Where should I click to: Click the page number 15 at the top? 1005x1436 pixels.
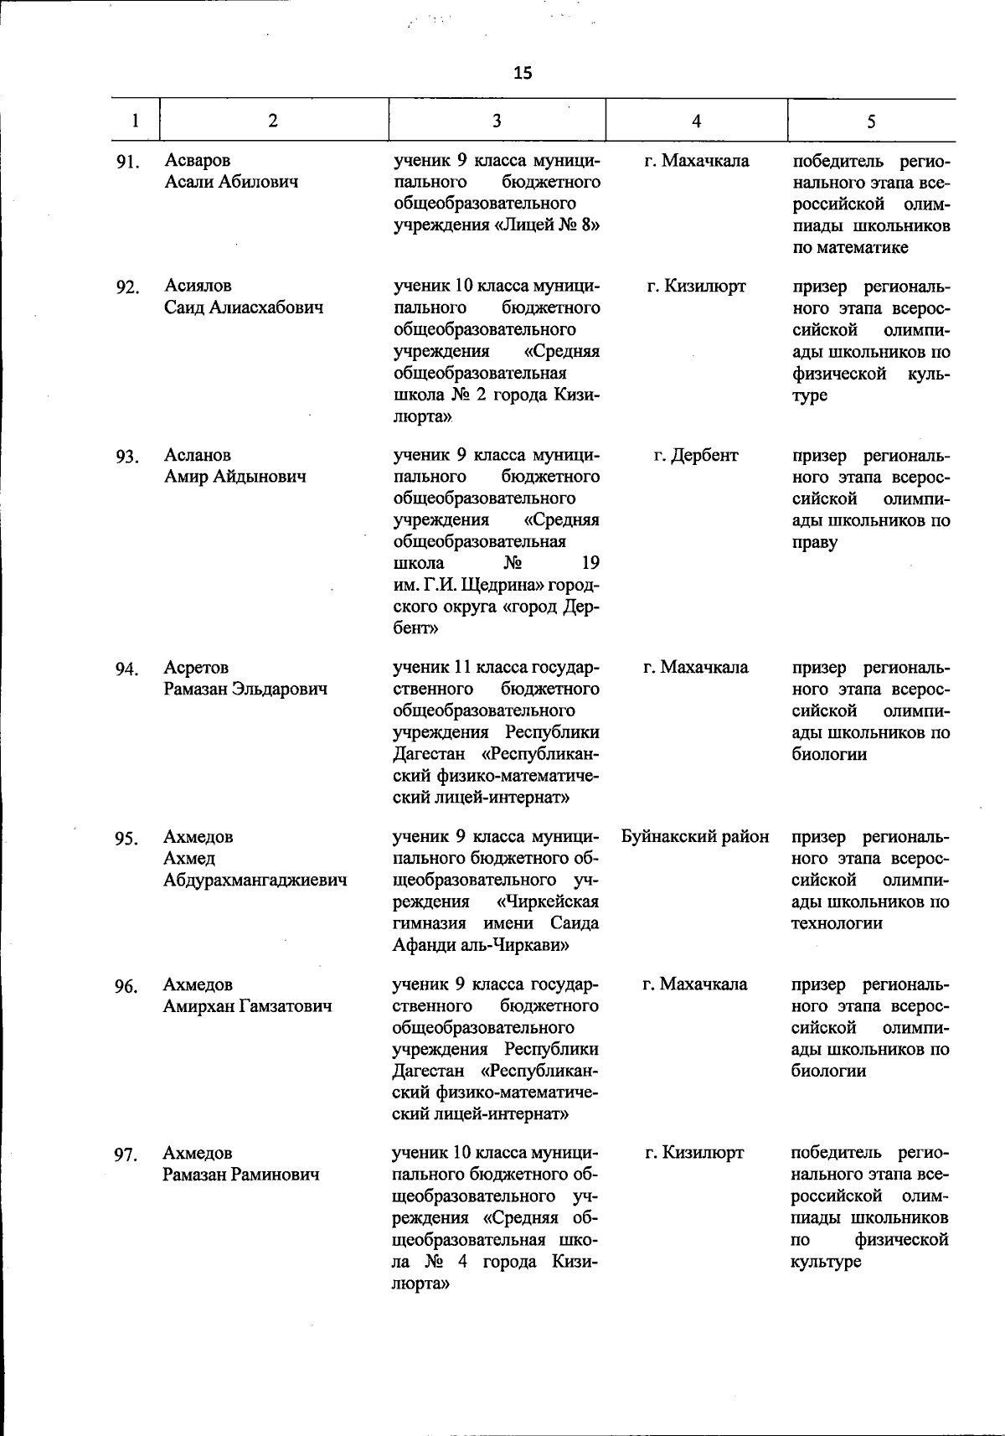tap(523, 73)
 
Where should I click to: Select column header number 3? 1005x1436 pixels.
tap(497, 121)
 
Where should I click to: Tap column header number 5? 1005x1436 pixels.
tap(871, 121)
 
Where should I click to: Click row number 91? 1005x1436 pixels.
tap(126, 162)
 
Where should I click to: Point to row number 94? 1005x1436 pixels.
tap(126, 669)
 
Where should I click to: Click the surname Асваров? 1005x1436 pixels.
tap(198, 160)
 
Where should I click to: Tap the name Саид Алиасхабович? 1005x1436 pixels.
tap(244, 307)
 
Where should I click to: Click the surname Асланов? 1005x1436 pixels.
tap(198, 455)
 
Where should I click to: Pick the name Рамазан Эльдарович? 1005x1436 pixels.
tap(245, 689)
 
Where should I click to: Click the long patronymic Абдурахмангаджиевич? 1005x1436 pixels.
tap(255, 881)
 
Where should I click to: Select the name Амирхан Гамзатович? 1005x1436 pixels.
tap(247, 1006)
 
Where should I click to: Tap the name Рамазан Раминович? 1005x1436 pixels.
tap(241, 1175)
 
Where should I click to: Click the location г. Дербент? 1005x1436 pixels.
tap(696, 455)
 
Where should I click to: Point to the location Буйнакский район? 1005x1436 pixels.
tap(695, 836)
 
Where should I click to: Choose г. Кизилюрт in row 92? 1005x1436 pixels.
tap(696, 287)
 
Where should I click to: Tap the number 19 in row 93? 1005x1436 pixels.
tap(590, 562)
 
